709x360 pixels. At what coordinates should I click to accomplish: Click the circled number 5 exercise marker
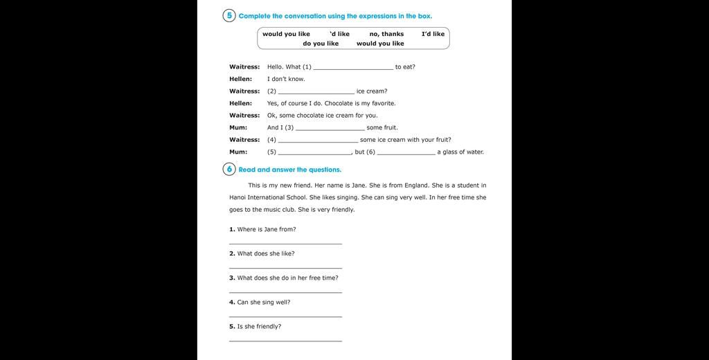coord(229,15)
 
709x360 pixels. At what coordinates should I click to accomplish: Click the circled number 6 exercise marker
coord(229,169)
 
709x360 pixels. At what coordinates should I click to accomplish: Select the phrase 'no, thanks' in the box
coord(386,34)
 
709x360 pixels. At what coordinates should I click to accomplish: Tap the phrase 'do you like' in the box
coord(321,44)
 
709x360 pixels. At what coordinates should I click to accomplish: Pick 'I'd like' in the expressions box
coord(433,34)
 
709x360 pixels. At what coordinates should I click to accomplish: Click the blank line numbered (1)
coord(353,69)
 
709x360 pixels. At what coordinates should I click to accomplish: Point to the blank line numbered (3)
coord(330,129)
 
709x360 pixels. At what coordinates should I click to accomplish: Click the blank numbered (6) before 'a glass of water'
coord(406,153)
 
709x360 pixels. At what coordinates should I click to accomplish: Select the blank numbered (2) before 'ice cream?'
coord(316,93)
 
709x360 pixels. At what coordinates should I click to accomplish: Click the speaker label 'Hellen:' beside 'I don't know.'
coord(241,79)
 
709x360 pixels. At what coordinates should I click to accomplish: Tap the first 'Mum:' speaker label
coord(238,127)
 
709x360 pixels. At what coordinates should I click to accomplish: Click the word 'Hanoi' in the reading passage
coord(238,197)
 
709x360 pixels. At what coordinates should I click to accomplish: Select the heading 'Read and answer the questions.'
coord(290,170)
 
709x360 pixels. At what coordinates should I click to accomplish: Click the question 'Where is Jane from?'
coord(267,229)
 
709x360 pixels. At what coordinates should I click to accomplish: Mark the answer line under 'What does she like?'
coord(285,267)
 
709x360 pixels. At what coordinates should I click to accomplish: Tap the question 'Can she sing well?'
coord(264,302)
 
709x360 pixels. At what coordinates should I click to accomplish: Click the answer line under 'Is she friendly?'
coord(285,340)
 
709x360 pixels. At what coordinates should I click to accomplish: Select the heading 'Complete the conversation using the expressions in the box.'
coord(335,16)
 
